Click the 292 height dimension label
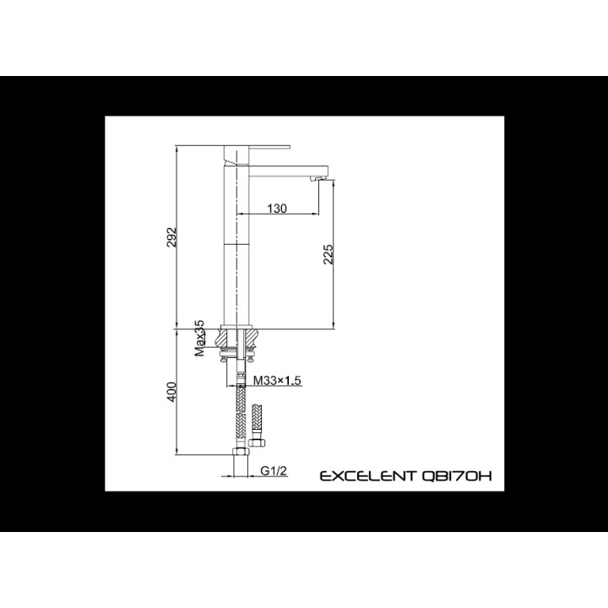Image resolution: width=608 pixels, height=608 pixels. (x=171, y=237)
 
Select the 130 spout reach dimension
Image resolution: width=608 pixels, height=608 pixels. (x=277, y=209)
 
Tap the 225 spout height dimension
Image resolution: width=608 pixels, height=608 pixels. (x=328, y=254)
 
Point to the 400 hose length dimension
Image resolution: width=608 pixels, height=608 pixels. (x=171, y=392)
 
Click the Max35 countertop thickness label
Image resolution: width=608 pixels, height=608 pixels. (x=199, y=338)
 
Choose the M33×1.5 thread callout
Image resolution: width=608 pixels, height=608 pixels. (x=277, y=380)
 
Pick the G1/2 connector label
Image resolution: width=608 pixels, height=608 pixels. (x=274, y=470)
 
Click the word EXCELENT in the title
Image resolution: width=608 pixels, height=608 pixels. (x=367, y=475)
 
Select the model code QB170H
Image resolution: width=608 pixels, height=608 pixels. (x=456, y=475)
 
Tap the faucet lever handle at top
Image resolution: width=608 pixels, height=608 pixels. (x=257, y=154)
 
